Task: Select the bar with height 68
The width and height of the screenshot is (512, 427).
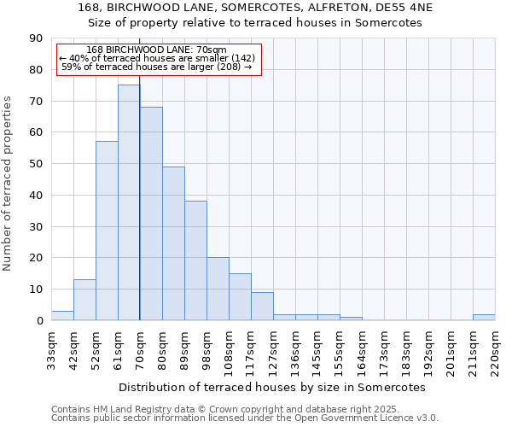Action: [151, 213]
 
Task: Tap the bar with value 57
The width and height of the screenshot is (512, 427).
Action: [107, 231]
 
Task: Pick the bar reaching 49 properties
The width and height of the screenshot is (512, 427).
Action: [173, 243]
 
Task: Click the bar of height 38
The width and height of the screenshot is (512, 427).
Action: [195, 260]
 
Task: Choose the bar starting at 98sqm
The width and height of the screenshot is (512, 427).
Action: [218, 289]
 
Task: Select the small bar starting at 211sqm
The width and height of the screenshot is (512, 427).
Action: [484, 317]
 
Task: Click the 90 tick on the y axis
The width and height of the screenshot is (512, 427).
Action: [36, 38]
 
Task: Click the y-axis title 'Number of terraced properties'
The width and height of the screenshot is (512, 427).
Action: [9, 184]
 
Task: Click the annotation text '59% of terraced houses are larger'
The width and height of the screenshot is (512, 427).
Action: [157, 67]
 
